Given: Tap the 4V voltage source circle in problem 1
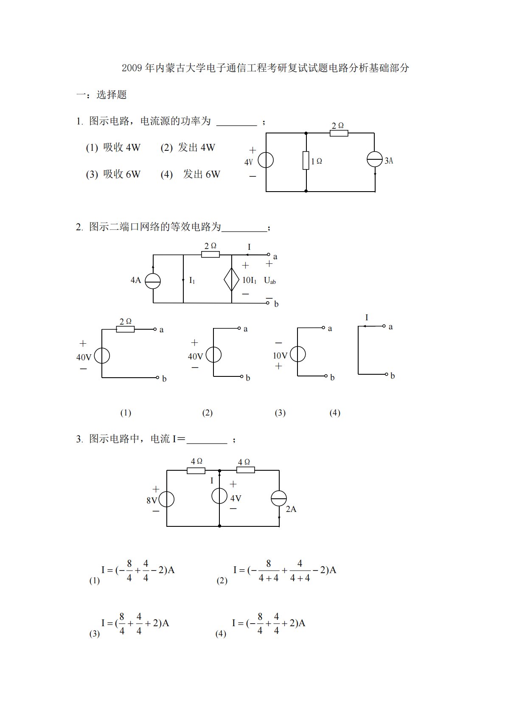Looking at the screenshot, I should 266,160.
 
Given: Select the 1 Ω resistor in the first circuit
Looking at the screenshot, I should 306,161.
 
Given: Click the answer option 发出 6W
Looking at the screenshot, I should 202,174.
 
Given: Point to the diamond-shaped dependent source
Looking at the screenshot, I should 232,280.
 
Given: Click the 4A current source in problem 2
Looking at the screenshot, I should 153,281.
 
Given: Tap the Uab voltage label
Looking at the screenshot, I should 270,280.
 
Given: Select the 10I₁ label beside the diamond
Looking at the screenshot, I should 249,280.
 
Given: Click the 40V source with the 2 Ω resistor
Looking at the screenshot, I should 102,356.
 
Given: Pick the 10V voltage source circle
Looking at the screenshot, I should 297,354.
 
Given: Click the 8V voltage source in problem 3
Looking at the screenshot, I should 166,499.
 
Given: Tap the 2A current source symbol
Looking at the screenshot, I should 279,498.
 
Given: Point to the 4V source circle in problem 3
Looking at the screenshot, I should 219,496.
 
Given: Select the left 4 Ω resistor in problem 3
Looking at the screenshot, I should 196,470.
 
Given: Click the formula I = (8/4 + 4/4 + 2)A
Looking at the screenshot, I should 135,623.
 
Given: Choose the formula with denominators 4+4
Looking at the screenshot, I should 284,570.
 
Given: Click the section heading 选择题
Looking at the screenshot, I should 112,94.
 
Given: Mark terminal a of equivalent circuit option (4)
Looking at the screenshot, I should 384,326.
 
